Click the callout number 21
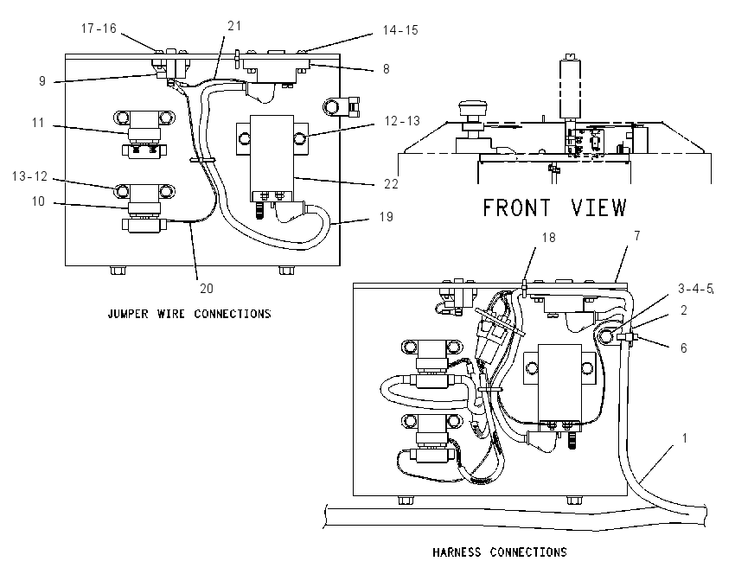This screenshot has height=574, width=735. [x=234, y=26]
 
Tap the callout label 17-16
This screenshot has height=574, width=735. [x=99, y=29]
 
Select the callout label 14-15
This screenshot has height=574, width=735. [x=399, y=30]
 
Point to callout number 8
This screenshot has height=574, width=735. [x=386, y=69]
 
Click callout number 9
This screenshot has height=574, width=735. [x=42, y=81]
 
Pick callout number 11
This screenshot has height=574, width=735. [x=38, y=123]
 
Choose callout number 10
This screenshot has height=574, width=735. [x=38, y=201]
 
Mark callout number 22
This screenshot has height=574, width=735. [x=391, y=183]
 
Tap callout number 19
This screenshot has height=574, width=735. [x=386, y=216]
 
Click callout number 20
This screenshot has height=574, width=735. [x=207, y=289]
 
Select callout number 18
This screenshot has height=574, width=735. [x=548, y=238]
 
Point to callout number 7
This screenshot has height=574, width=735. [x=637, y=236]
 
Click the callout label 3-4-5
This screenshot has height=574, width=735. [x=695, y=289]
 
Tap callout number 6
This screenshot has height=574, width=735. [x=683, y=348]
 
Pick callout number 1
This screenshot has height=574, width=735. [x=684, y=438]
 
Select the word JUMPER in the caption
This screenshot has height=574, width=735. [x=128, y=314]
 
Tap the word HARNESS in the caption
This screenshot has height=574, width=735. [x=457, y=552]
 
